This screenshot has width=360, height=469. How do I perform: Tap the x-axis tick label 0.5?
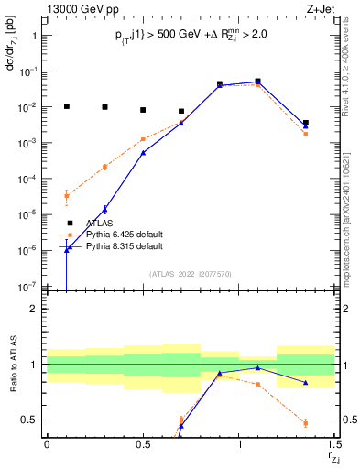point(143,444)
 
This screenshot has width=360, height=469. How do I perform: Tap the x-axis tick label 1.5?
point(335,444)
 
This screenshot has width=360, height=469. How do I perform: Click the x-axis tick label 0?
point(47,444)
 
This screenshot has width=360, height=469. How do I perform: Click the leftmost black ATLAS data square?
point(66,106)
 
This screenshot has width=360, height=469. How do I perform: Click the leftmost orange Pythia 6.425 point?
point(66,195)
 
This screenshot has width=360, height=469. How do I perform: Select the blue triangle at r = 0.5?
point(143,153)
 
